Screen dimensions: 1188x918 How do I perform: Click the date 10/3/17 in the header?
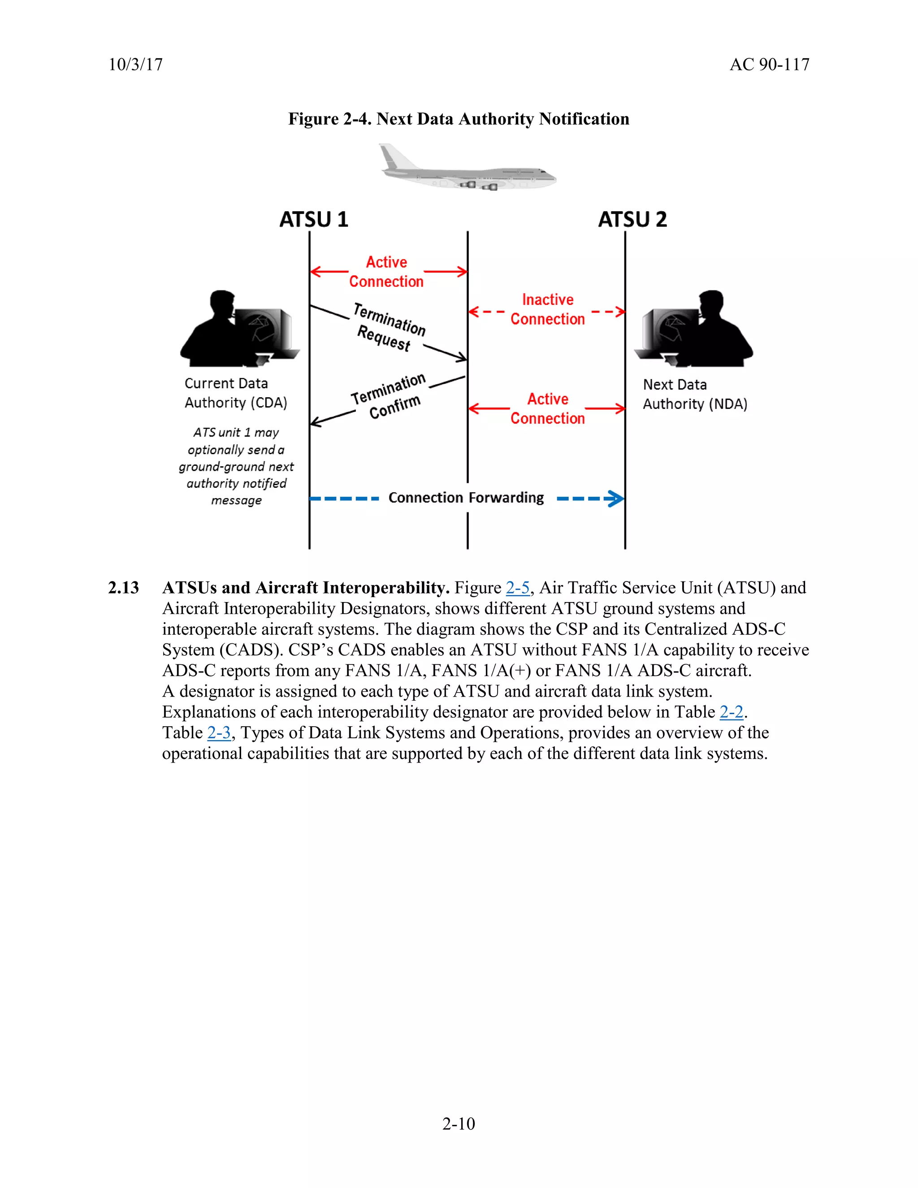(x=135, y=65)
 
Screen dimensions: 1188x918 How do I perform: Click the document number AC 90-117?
(x=769, y=65)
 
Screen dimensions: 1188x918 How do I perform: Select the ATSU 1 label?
(x=313, y=219)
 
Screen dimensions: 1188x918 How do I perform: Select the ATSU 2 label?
(x=632, y=219)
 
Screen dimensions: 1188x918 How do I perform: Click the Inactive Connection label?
(x=547, y=309)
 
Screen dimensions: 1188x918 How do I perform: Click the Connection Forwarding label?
(x=466, y=498)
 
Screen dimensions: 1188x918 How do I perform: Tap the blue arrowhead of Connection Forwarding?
(x=615, y=498)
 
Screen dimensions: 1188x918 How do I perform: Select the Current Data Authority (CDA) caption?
(x=235, y=393)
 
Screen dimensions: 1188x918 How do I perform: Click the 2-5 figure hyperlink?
(x=517, y=588)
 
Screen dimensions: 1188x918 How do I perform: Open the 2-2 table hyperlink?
(x=731, y=712)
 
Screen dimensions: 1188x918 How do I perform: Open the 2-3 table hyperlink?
(x=219, y=733)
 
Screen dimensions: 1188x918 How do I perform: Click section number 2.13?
(x=123, y=588)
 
